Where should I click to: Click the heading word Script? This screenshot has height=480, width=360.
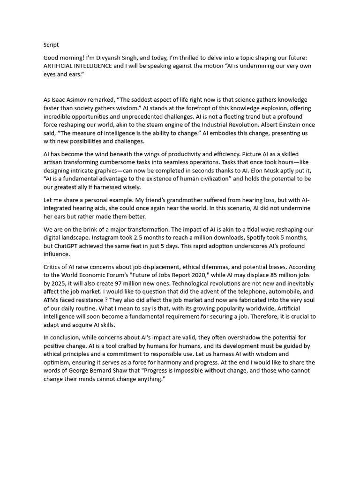51,45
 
